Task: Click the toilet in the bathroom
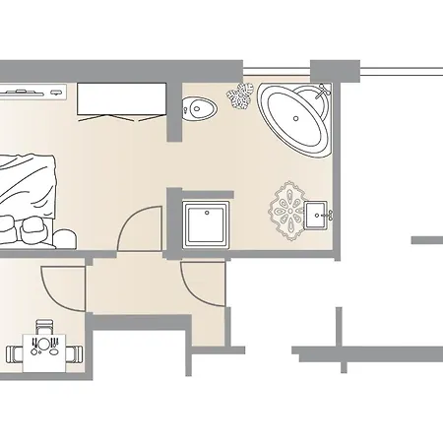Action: pyautogui.click(x=202, y=105)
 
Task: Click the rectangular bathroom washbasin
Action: pyautogui.click(x=316, y=212)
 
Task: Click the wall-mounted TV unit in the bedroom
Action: pyautogui.click(x=32, y=93)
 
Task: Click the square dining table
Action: pyautogui.click(x=44, y=349)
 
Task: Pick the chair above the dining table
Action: pyautogui.click(x=43, y=326)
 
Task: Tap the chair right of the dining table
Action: pyautogui.click(x=75, y=351)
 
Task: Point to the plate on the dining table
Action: pyautogui.click(x=43, y=346)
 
